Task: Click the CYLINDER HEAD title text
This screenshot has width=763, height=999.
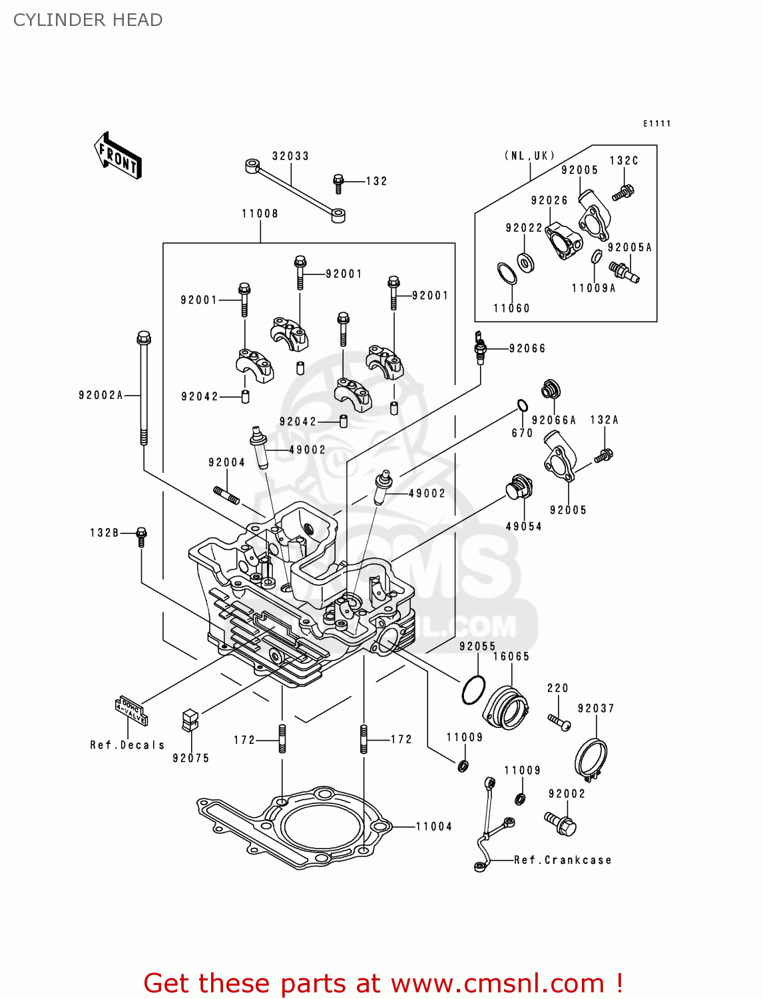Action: pyautogui.click(x=88, y=20)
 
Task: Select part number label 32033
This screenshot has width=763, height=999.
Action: pyautogui.click(x=290, y=156)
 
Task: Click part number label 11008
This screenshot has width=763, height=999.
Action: pyautogui.click(x=260, y=214)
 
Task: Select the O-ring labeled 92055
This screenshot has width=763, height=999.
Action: pyautogui.click(x=473, y=689)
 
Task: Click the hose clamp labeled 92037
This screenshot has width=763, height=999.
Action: pyautogui.click(x=591, y=759)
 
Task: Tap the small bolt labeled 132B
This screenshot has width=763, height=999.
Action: pyautogui.click(x=141, y=536)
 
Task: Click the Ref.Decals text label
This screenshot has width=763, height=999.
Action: pyautogui.click(x=127, y=745)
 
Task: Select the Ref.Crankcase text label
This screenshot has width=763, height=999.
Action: pyautogui.click(x=563, y=860)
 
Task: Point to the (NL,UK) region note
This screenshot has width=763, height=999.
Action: pyautogui.click(x=530, y=156)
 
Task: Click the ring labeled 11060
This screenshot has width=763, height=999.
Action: pyautogui.click(x=507, y=273)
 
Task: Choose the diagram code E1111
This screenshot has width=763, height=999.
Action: pyautogui.click(x=656, y=123)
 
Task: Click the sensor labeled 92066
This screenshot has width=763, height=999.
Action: pyautogui.click(x=479, y=348)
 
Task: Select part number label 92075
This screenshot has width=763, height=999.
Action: pyautogui.click(x=190, y=758)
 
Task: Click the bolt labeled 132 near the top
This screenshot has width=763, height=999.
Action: pyautogui.click(x=338, y=182)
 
